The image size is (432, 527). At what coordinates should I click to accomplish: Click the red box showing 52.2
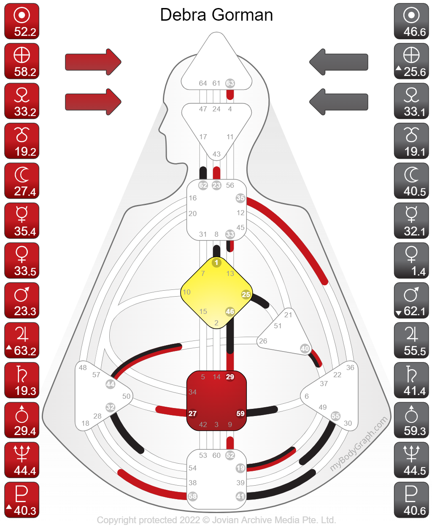click(x=22, y=22)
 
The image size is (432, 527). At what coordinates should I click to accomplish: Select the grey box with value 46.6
click(x=411, y=22)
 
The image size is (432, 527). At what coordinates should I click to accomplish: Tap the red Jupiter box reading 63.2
click(x=22, y=341)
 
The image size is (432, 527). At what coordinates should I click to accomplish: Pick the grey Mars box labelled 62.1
click(x=411, y=300)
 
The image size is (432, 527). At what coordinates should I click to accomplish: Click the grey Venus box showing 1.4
click(x=411, y=261)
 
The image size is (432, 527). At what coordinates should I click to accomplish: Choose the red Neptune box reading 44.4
click(x=22, y=460)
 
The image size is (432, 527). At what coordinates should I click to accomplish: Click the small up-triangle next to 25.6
click(x=398, y=68)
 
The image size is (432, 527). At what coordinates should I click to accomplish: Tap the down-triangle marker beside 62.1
click(x=398, y=313)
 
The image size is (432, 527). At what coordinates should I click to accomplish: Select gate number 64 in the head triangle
click(x=203, y=84)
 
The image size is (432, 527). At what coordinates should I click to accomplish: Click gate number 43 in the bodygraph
click(x=216, y=154)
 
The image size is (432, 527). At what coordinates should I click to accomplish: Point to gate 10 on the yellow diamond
click(x=186, y=292)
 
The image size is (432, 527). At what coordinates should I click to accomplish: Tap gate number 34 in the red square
click(x=193, y=392)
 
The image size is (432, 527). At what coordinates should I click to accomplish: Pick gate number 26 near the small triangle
click(x=263, y=341)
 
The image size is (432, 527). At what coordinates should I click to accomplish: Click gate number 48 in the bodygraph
click(x=83, y=368)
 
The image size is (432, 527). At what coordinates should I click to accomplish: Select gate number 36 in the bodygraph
click(x=350, y=368)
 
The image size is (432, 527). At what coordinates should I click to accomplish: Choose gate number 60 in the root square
click(x=216, y=456)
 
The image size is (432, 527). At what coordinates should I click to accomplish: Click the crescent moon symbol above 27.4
click(x=22, y=174)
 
